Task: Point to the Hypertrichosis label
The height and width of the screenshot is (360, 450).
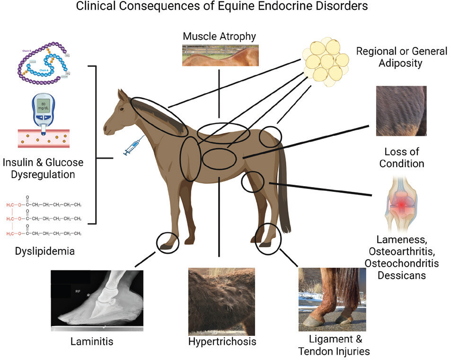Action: [x=222, y=342]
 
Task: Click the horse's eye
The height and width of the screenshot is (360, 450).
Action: [x=122, y=108]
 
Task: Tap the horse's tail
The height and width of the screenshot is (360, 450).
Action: [x=284, y=189]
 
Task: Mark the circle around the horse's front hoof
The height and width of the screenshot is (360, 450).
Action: [x=168, y=242]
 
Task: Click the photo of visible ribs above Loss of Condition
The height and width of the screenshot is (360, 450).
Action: [x=401, y=111]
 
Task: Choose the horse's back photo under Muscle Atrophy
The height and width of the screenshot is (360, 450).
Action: [x=221, y=55]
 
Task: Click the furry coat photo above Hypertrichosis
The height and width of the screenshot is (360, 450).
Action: [x=221, y=301]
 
